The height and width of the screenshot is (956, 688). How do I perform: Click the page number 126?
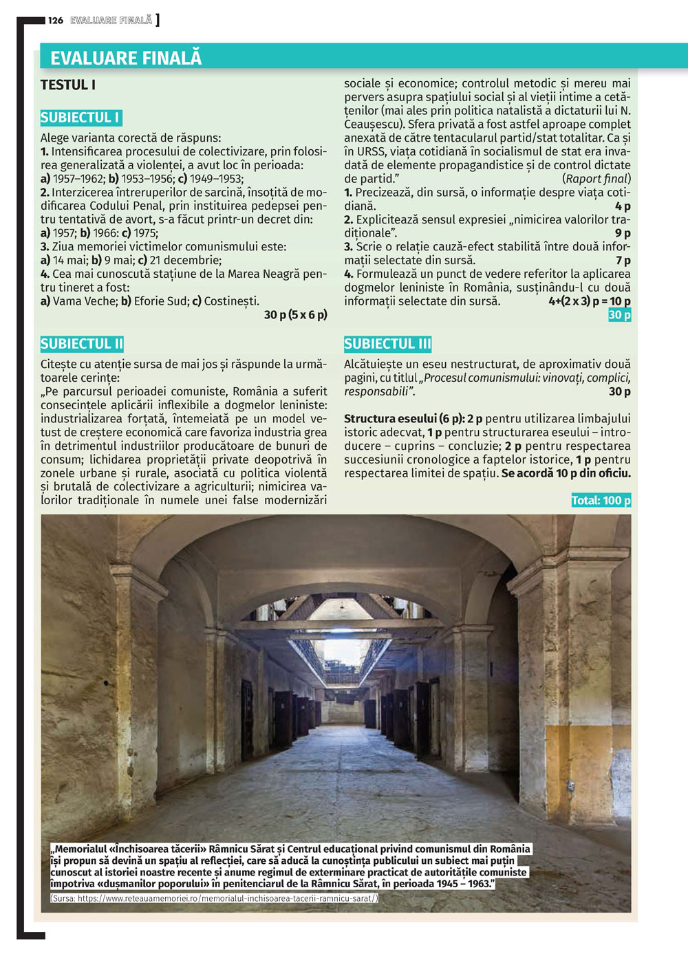coord(56,21)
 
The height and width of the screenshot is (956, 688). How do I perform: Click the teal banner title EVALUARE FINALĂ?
coord(126,58)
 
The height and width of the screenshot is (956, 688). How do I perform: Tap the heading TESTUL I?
coord(68,85)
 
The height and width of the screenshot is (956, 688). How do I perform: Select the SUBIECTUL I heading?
coord(80,118)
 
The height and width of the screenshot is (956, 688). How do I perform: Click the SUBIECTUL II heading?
coord(82,344)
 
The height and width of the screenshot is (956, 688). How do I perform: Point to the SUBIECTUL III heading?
coord(387,344)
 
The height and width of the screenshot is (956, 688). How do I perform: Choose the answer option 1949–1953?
coord(217,179)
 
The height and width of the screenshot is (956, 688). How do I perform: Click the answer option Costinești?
coord(232,301)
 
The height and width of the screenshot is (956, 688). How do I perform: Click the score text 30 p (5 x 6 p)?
coord(296,315)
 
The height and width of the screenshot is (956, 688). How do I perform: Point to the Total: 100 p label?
coord(601,501)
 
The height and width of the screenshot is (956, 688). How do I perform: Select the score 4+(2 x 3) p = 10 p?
coord(590,301)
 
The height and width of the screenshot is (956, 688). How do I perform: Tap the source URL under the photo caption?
coord(214,898)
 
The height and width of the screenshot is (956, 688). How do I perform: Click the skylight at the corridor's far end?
coord(342,650)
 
